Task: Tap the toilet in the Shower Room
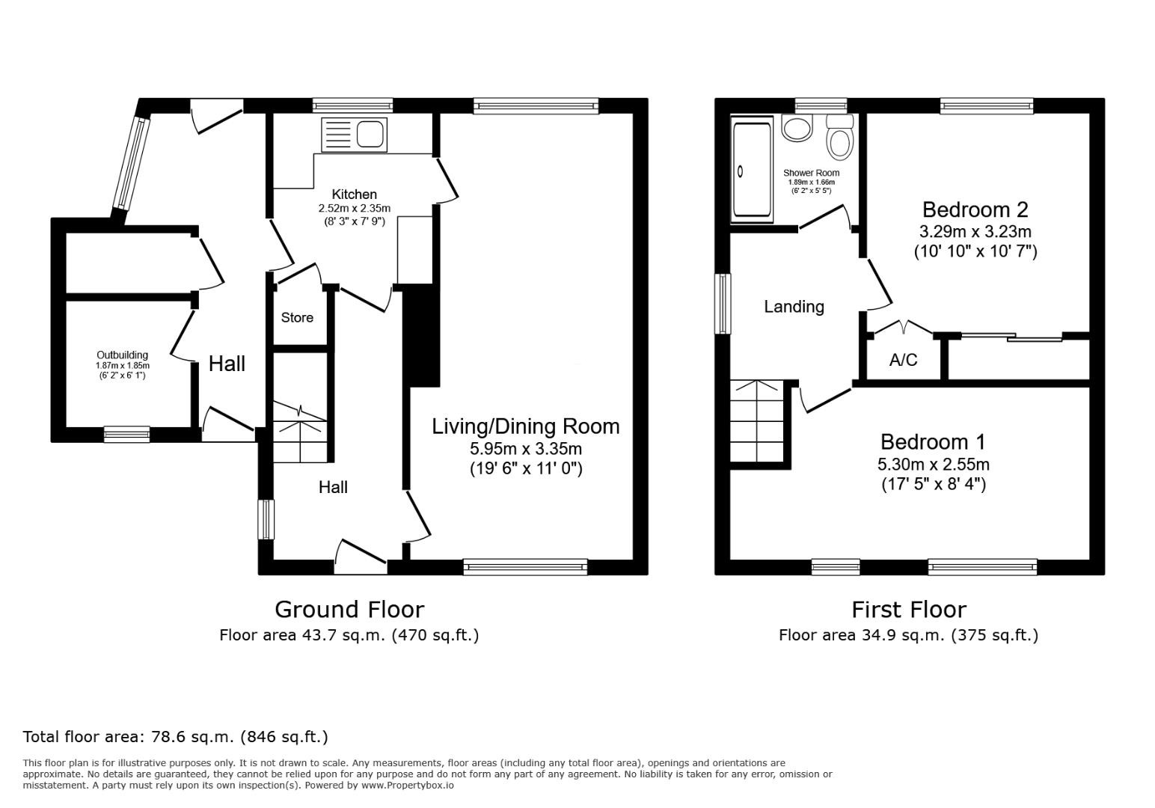840,138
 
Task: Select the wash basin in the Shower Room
797,127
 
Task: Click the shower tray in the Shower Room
752,171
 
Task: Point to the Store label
297,318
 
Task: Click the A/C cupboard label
903,361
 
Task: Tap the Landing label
794,307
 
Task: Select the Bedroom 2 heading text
975,209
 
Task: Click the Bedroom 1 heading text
933,442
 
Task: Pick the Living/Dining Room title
525,426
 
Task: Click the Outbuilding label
122,355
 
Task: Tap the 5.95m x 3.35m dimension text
525,449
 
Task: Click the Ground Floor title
349,610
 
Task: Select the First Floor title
908,610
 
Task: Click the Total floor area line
175,737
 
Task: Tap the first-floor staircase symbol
757,422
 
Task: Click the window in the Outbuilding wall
126,434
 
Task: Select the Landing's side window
723,304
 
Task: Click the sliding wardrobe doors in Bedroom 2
1011,338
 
